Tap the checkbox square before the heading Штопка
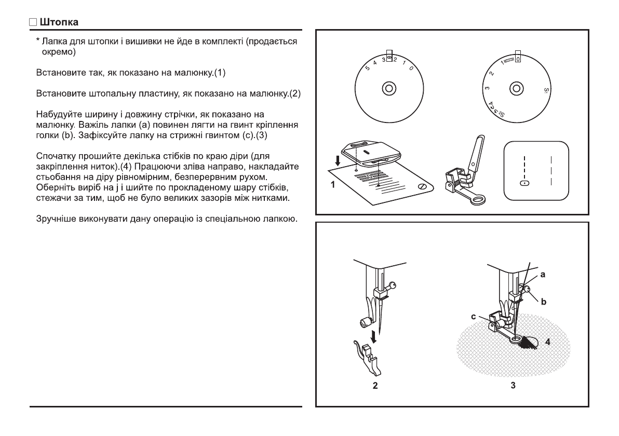coord(33,22)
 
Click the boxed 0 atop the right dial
coord(518,59)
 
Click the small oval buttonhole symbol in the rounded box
coord(525,183)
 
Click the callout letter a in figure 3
coord(542,275)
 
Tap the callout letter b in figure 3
coord(543,301)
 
